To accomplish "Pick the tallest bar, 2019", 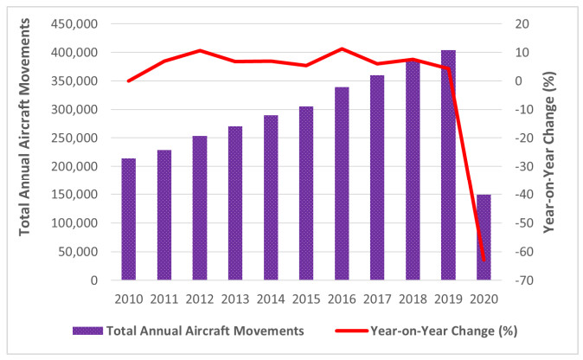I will [448, 165].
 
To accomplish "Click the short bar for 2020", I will [484, 237].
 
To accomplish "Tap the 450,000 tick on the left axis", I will [74, 23].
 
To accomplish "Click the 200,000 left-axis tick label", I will [74, 166].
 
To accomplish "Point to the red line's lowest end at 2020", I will [484, 260].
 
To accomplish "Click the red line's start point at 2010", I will [128, 80].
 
